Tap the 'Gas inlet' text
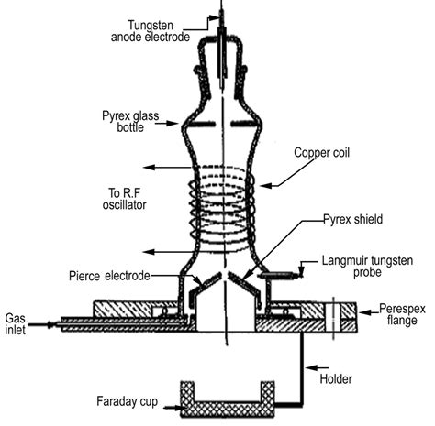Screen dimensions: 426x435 point(16,321)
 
